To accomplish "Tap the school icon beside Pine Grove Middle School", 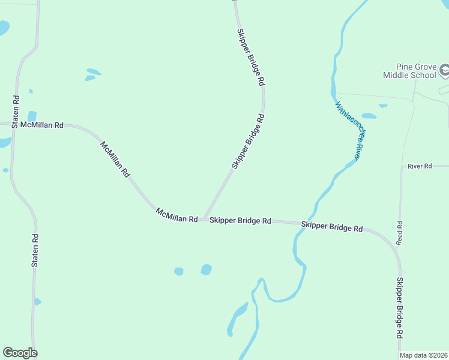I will [x=444, y=71].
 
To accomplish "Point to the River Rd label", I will [x=420, y=166].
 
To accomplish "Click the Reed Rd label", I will [x=399, y=233].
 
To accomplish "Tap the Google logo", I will [x=20, y=353].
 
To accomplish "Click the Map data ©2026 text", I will [x=424, y=355].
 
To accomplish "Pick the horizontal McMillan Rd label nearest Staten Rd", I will [x=41, y=125].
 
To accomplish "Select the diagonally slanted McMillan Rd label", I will [x=115, y=159].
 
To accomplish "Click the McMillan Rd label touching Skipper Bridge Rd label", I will [x=176, y=216].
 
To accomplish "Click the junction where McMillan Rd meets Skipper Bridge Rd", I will [x=204, y=219].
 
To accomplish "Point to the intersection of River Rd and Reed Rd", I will [x=401, y=166].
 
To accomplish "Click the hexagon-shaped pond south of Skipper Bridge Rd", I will [x=206, y=269].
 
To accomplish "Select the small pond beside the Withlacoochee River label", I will [x=369, y=116].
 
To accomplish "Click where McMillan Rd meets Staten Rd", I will [x=12, y=124].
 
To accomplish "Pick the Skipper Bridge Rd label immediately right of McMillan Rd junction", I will [x=240, y=221].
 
